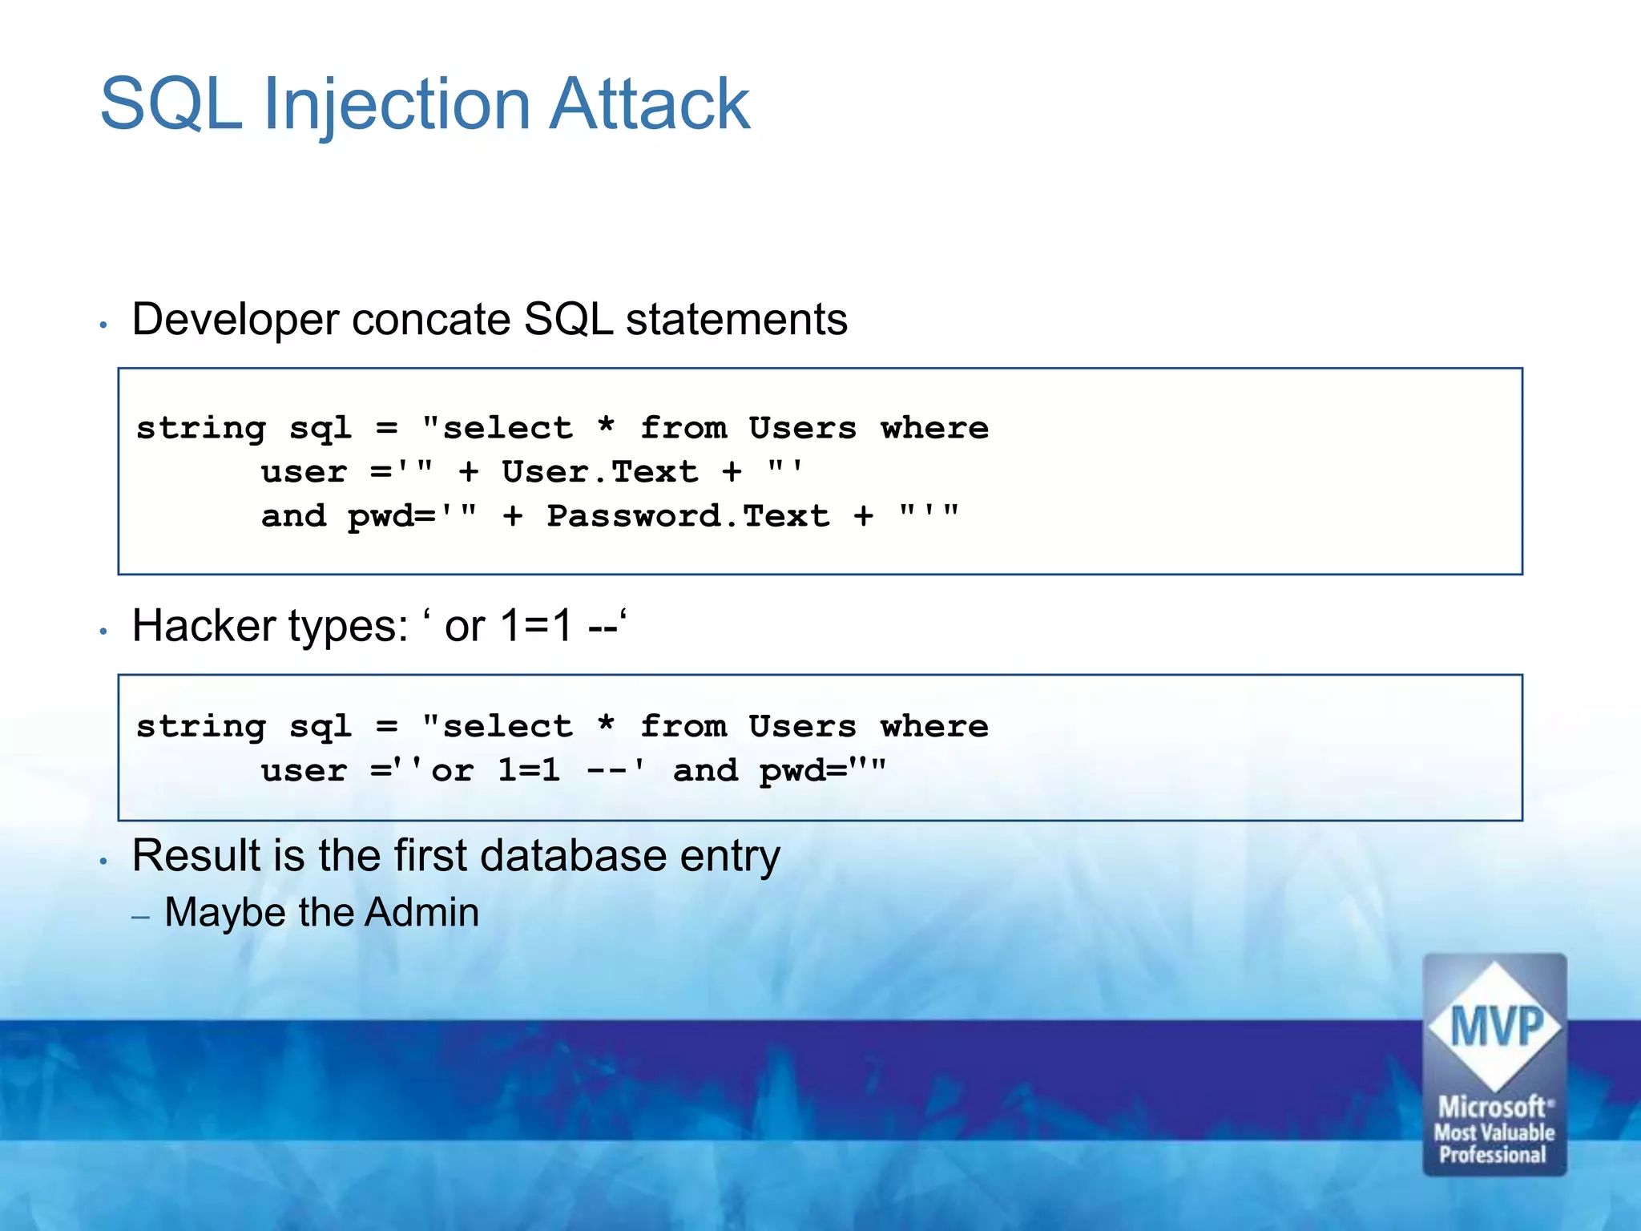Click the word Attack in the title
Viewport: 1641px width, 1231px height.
pos(649,104)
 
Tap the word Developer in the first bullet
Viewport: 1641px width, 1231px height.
pos(236,321)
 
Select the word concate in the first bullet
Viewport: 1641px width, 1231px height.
pos(431,319)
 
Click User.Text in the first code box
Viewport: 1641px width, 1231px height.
pos(599,471)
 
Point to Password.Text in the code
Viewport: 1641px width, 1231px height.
pos(687,515)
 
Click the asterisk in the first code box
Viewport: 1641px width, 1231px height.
pos(606,427)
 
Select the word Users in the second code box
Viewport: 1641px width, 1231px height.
pos(802,726)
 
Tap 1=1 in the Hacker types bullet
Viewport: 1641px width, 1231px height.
pos(536,626)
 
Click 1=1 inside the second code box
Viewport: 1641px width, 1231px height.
pos(529,770)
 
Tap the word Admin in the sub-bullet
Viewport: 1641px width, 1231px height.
pos(421,913)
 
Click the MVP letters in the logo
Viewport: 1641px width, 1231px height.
pos(1495,1027)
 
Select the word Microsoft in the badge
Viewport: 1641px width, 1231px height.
pos(1492,1108)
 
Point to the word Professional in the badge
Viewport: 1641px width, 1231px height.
pos(1492,1155)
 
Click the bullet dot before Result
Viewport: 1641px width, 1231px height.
pos(103,862)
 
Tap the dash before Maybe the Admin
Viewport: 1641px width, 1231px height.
pos(141,916)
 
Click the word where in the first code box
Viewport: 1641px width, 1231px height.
pos(934,427)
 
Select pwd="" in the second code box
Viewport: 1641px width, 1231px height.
pos(822,770)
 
